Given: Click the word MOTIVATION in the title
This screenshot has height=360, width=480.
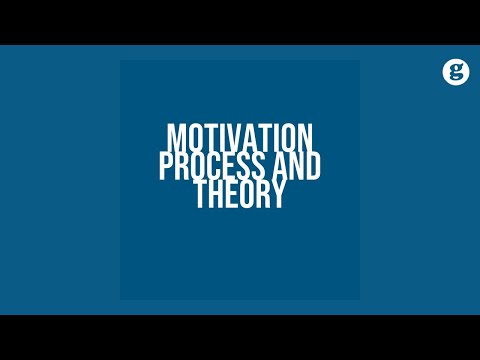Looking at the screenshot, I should coord(240,137).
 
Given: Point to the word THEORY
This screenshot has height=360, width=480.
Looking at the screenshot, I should coord(240,195).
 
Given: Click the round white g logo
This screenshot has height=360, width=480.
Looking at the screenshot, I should coord(457,71).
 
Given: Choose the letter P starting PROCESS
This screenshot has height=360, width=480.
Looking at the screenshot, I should coord(166,166).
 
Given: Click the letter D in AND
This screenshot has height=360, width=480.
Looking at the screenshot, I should coord(314,166).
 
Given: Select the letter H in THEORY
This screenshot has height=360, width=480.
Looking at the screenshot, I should coord(215,195).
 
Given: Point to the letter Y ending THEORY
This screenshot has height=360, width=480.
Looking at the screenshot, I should coord(278,195).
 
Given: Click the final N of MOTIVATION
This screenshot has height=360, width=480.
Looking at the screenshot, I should coord(307,137).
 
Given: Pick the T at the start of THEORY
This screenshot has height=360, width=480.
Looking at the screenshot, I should coord(200,195).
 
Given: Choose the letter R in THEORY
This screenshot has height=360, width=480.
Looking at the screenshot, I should coord(262,195).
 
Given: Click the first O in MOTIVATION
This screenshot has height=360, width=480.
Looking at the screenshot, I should coord(191,137).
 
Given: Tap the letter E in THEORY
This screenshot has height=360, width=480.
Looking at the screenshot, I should coord(231,195).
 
